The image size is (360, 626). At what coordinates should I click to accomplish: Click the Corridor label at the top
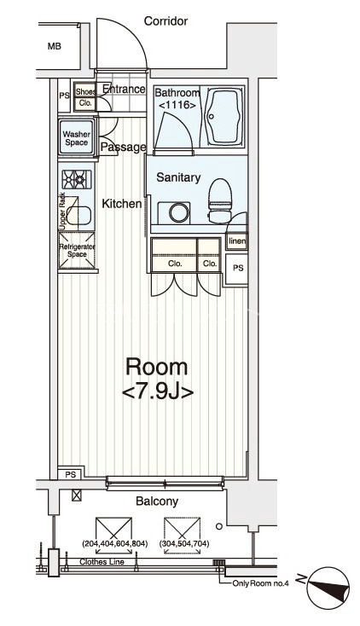[165, 20]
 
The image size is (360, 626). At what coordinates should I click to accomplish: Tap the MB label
[55, 46]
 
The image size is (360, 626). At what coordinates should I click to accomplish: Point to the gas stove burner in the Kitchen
[77, 179]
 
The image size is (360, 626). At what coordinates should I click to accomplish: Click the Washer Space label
[76, 138]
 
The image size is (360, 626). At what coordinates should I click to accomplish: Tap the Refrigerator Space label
[77, 251]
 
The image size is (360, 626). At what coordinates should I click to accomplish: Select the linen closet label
[237, 241]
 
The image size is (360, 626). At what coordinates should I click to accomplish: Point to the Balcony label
[157, 501]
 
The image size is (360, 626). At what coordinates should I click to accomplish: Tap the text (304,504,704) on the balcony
[184, 543]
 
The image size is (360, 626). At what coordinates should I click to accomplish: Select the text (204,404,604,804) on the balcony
[114, 543]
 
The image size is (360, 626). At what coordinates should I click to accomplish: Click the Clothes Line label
[102, 562]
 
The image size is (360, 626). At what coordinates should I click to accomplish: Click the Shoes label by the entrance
[86, 91]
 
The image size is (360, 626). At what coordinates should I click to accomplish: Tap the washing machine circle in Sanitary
[179, 213]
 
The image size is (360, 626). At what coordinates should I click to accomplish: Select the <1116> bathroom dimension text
[177, 106]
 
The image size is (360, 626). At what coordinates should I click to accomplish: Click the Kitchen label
[122, 204]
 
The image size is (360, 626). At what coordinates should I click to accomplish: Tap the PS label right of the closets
[238, 268]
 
